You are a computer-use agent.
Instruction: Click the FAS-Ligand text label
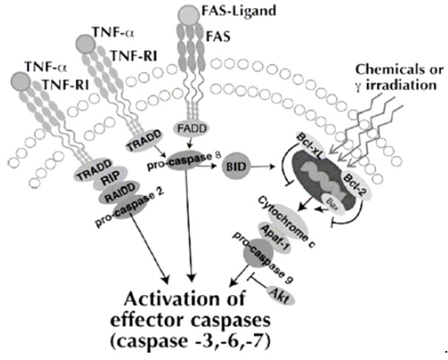(228, 12)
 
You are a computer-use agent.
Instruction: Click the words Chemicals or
(399, 70)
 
